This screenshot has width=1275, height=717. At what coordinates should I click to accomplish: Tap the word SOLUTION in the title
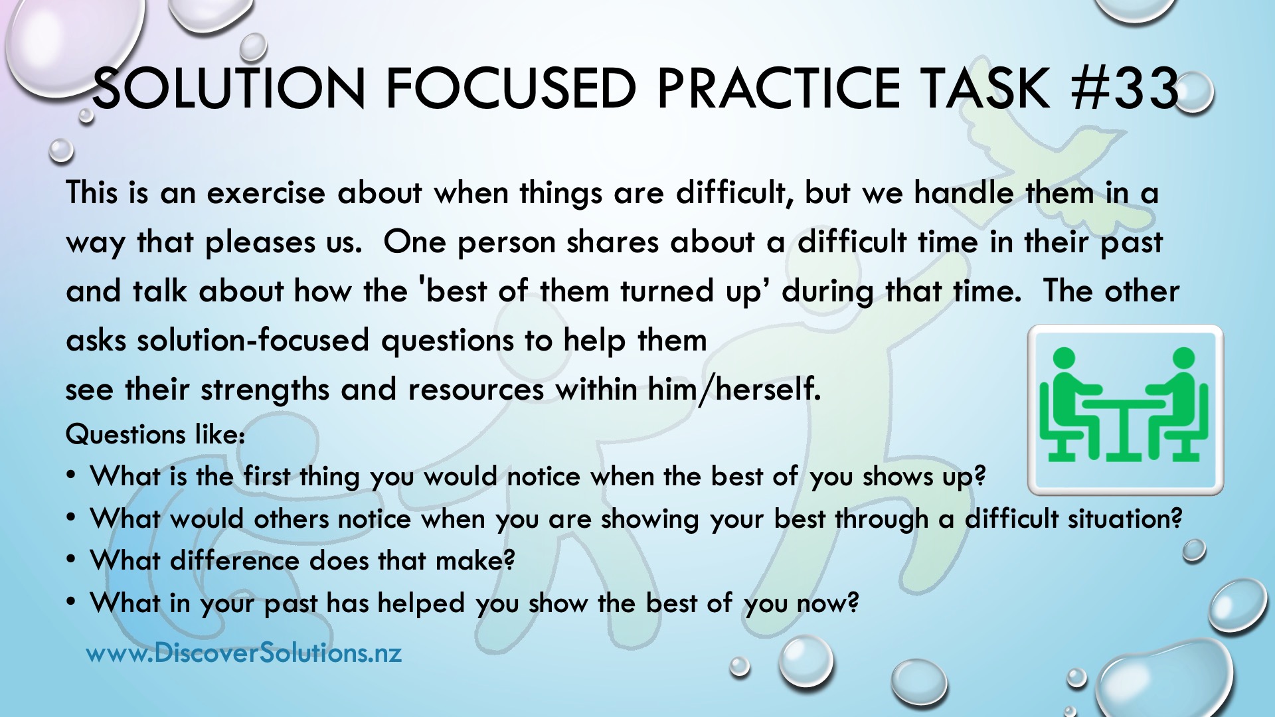(x=229, y=88)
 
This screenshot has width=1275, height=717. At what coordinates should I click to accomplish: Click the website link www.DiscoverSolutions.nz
(x=244, y=653)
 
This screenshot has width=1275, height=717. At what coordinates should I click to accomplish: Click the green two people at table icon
(x=1125, y=409)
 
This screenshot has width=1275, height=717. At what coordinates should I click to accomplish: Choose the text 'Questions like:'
(x=156, y=434)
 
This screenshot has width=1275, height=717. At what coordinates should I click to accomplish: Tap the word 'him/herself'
(x=734, y=389)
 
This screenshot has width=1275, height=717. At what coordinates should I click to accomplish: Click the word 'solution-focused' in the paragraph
(x=253, y=341)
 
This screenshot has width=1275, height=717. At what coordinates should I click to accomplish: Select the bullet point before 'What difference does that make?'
(x=72, y=561)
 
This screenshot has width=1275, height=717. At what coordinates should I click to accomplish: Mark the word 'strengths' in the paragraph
(x=265, y=390)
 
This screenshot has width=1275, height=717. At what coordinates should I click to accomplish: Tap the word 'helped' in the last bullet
(x=421, y=603)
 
